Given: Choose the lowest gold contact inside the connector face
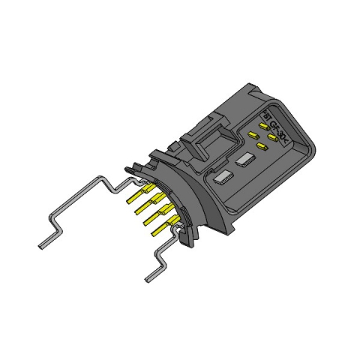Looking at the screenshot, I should point(260,145).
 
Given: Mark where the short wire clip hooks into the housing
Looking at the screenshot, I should point(178,235).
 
